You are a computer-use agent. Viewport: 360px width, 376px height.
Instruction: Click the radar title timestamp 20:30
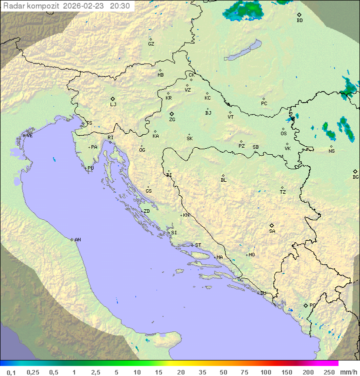coord(120,6)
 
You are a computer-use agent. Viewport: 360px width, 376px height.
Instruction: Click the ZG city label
coord(172,120)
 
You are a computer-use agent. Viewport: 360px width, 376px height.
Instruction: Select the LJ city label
coord(113,105)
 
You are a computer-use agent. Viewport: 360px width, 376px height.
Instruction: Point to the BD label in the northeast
coord(299,21)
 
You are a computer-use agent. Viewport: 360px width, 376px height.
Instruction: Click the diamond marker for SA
coord(272,225)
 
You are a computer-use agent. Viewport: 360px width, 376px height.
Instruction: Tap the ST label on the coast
coord(198,245)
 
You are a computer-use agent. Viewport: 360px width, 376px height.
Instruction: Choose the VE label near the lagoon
coord(29,136)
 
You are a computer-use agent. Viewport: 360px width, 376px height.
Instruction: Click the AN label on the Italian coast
coord(77,240)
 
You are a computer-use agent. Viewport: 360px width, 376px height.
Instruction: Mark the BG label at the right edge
coord(355,177)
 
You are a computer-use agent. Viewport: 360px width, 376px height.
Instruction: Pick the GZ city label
coord(151,44)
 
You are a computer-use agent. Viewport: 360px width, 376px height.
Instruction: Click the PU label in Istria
coord(90,168)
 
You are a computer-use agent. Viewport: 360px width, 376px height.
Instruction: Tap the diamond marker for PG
coord(305,305)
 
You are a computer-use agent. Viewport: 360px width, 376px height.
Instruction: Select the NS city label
coord(331,151)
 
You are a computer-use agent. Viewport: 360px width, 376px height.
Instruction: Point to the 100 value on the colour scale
coord(265,372)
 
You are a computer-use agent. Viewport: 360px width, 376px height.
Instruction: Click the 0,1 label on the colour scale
coord(10,372)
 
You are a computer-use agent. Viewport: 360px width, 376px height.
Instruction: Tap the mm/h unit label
coord(347,372)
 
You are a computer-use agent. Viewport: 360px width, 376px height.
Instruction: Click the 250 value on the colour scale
coord(328,372)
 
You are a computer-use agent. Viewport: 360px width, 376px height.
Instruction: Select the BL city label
coord(223,180)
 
